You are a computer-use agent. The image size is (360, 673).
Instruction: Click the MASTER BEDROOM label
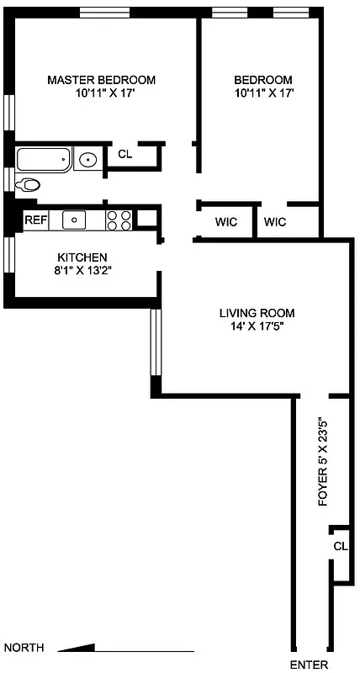[101, 80]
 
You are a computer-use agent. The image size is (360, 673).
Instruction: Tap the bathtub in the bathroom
[44, 159]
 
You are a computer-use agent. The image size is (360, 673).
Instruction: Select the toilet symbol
[29, 185]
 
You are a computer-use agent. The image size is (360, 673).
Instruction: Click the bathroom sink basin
[87, 158]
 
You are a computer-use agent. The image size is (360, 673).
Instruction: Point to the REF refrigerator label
[34, 220]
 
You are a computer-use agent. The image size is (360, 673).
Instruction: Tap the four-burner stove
[119, 220]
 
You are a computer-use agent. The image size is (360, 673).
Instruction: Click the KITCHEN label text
[82, 257]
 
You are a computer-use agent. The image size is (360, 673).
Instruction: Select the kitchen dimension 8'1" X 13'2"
[82, 270]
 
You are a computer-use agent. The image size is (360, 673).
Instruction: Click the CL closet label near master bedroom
[124, 154]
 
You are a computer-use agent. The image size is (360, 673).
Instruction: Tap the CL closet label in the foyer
[340, 546]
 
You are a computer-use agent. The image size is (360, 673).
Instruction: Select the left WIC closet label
[226, 222]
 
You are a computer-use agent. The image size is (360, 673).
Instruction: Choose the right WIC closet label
[275, 222]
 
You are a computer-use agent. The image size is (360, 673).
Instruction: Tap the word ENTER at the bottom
[309, 665]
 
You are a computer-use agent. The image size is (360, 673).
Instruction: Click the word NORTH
[24, 648]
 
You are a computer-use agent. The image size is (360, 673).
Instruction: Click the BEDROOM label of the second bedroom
[263, 80]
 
